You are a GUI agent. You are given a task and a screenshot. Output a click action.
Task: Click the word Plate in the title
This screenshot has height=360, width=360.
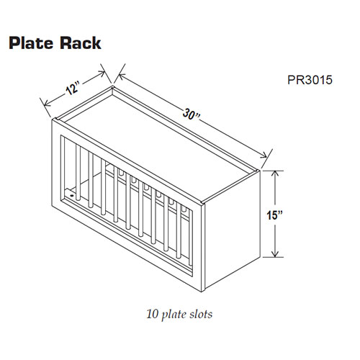pyautogui.click(x=32, y=42)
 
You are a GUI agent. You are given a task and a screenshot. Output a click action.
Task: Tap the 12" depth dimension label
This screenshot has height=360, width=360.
pyautogui.click(x=71, y=89)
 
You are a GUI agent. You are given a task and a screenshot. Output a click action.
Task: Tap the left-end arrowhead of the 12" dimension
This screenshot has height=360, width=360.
pyautogui.click(x=45, y=102)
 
